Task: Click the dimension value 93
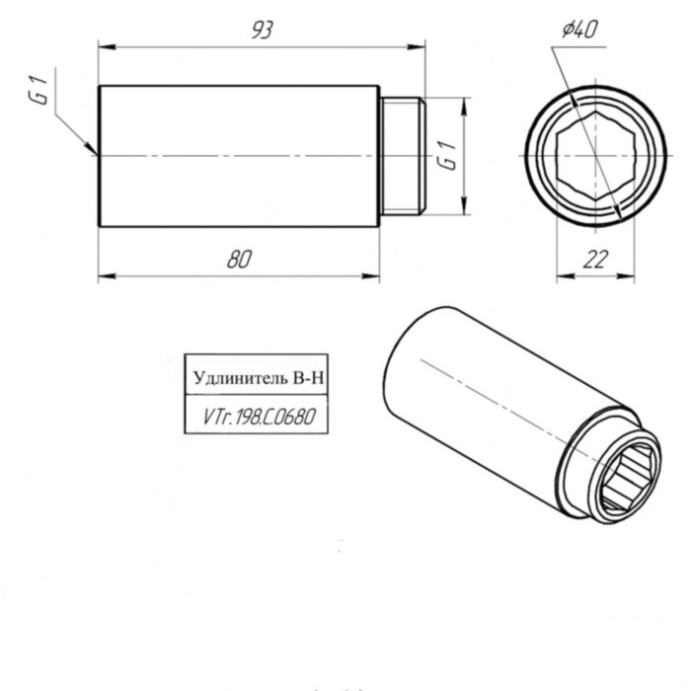(261, 30)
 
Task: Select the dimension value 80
(238, 260)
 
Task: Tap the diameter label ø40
(579, 31)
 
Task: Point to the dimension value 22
(594, 259)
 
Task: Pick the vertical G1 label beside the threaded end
(446, 157)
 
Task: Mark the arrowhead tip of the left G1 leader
(96, 153)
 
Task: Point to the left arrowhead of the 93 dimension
(100, 45)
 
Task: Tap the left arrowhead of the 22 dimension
(556, 275)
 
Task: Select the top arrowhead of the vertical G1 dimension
(463, 100)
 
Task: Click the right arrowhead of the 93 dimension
(422, 45)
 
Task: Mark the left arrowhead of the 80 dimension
(100, 275)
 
